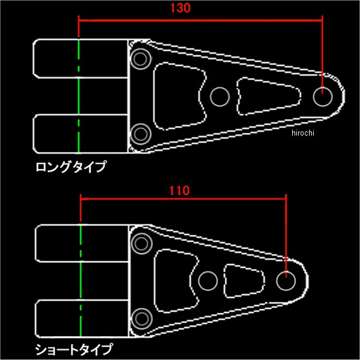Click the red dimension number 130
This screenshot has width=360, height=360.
[x=180, y=8]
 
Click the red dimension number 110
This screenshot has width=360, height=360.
[x=179, y=191]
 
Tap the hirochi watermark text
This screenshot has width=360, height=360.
[x=302, y=133]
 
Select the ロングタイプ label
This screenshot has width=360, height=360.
[x=71, y=166]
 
